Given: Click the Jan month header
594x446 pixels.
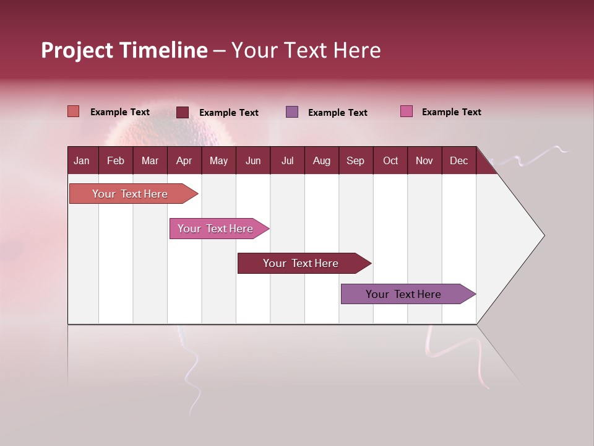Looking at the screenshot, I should [82, 160].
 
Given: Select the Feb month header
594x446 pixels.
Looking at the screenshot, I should [116, 160].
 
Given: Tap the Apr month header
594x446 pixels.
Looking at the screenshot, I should [184, 160].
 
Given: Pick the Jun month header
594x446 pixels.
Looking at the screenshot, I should [253, 160].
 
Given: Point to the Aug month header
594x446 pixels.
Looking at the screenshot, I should [322, 160].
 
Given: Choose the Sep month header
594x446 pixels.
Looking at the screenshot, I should [356, 160].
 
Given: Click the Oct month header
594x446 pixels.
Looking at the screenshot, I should [390, 160].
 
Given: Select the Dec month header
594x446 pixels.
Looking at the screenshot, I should [459, 160].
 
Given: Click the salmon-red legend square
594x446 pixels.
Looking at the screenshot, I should [73, 111].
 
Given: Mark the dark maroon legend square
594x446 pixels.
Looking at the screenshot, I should [183, 112].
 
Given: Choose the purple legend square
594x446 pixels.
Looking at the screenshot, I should [292, 111].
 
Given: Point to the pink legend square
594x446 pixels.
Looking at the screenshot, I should [406, 111].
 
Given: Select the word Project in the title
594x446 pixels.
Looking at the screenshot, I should [77, 50].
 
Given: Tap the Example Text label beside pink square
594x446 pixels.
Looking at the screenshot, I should [451, 112].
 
